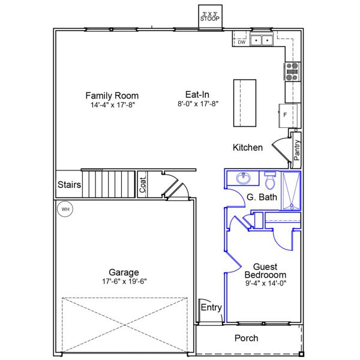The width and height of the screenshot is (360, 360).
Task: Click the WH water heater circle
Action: point(65,209)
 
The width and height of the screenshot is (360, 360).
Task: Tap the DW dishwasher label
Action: point(242,42)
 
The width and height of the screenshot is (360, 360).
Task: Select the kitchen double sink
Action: point(262,40)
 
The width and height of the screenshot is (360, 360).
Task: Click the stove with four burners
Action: point(292,71)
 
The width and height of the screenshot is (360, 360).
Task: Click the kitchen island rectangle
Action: point(245,103)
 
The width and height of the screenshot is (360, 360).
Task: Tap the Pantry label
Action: point(297,150)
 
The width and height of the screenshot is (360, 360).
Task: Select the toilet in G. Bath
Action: point(270,180)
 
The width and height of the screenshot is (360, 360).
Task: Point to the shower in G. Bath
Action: point(291,191)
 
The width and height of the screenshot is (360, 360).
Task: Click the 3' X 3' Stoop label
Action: point(210,17)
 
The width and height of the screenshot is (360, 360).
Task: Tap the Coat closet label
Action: point(143,185)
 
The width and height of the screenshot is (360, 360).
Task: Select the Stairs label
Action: point(69,185)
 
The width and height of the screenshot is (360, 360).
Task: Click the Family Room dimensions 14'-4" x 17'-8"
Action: point(113,105)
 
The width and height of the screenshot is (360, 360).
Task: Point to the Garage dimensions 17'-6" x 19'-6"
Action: point(124,281)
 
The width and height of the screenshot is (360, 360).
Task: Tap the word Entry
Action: point(211,307)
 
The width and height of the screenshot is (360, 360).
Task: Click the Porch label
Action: point(247,338)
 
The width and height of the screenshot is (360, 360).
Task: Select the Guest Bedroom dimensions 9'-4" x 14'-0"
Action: point(266,283)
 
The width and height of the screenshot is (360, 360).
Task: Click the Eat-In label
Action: point(197,95)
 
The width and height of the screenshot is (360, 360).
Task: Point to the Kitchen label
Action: point(248,148)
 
